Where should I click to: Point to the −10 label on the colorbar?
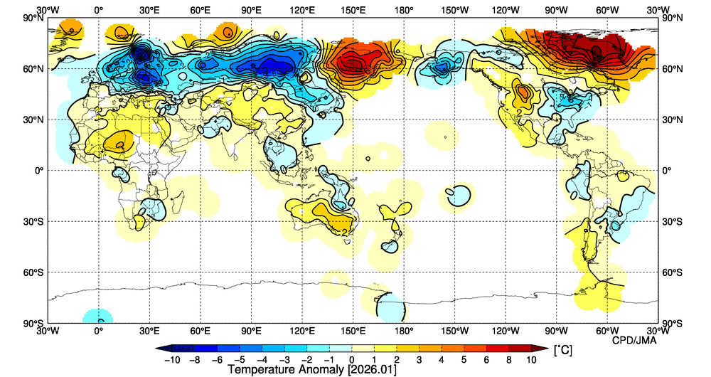(171, 360)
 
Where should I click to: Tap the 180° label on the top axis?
(405, 10)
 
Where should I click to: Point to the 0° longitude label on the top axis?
(98, 10)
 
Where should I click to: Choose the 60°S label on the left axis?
(33, 272)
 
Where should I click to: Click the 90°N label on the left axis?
(33, 18)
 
